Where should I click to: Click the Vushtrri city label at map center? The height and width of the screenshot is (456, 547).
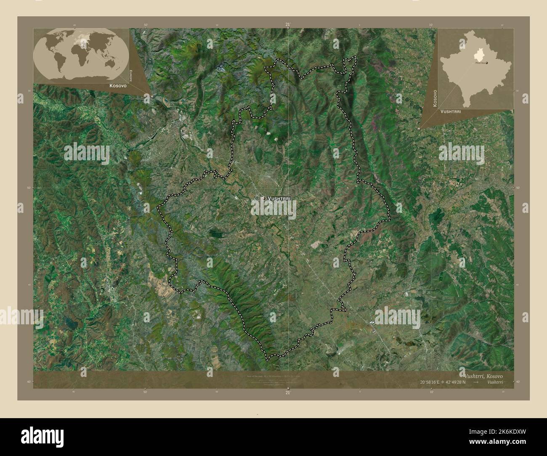click(279, 198)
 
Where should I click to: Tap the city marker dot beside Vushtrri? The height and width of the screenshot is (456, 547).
click(263, 198)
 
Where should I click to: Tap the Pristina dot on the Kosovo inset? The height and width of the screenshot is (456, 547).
click(487, 63)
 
